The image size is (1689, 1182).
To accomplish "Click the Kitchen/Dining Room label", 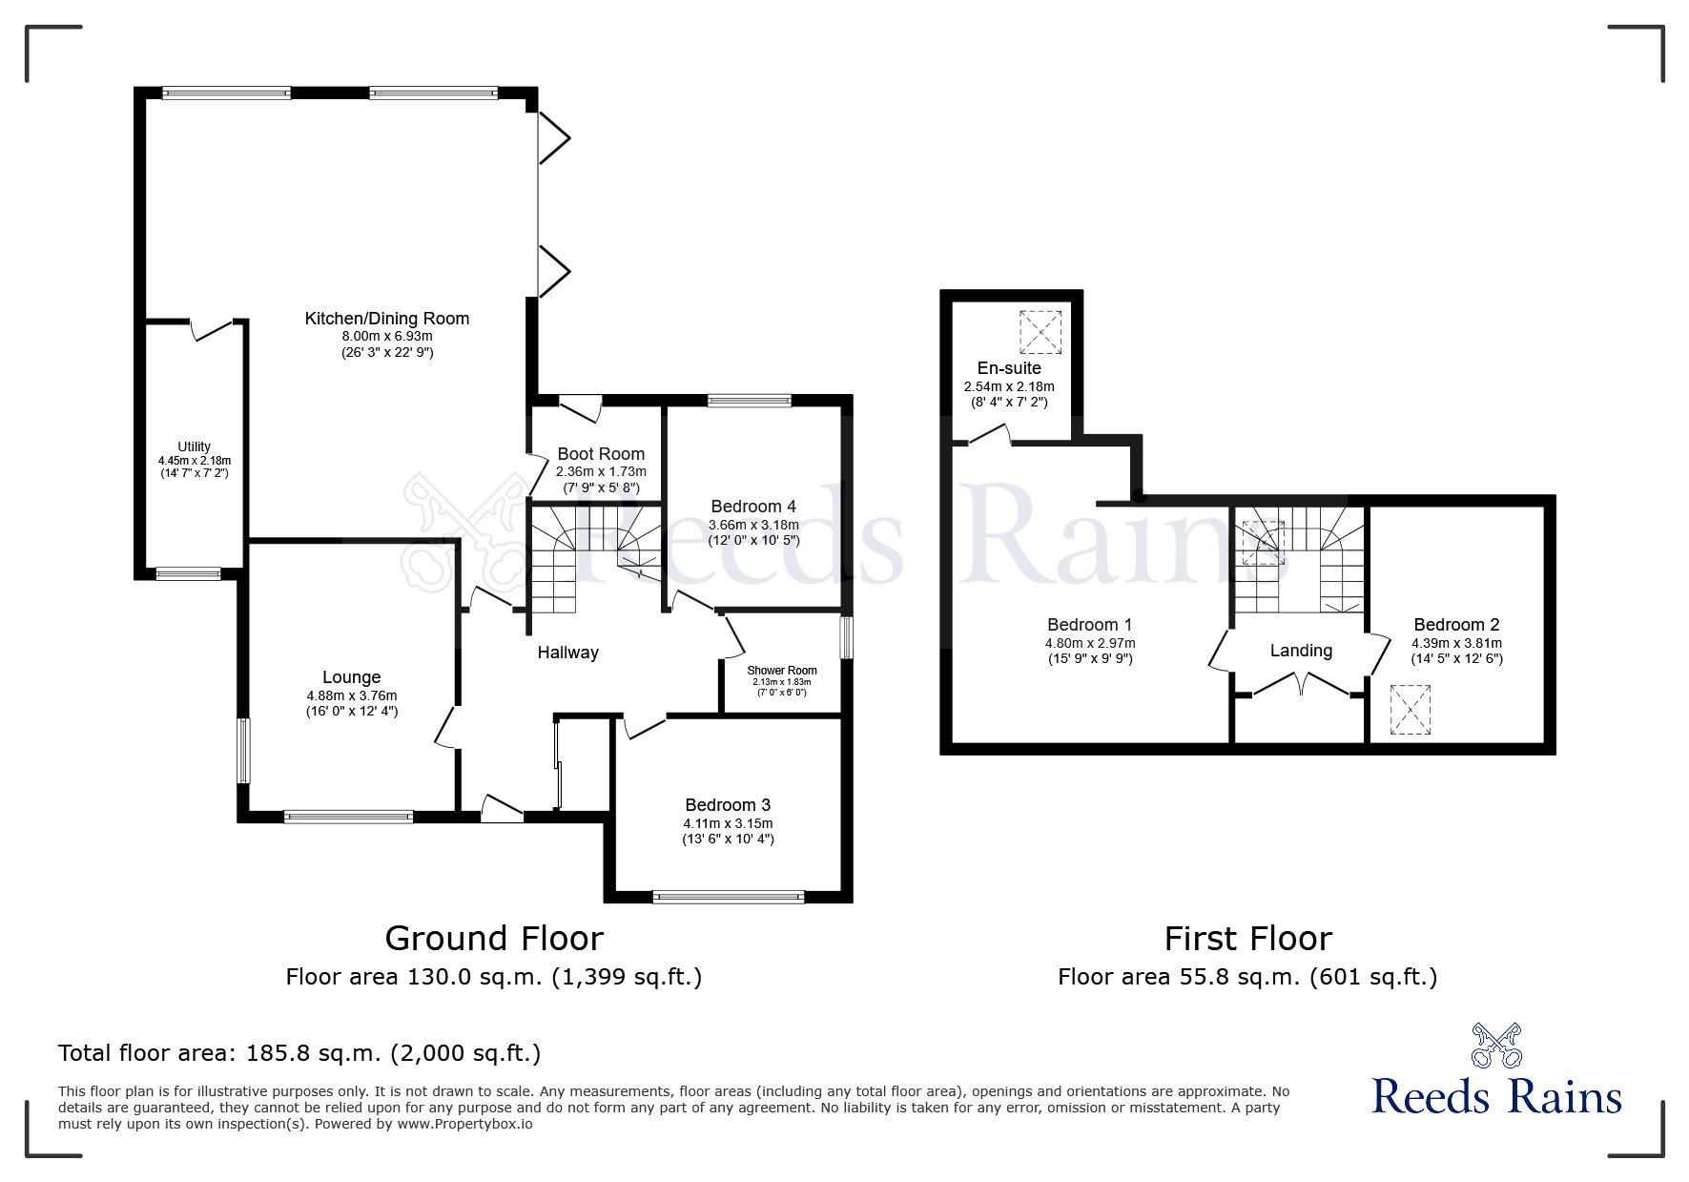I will click(x=386, y=319).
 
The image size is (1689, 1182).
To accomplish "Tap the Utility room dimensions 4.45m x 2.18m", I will click(x=195, y=461).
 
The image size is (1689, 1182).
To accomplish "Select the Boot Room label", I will click(x=601, y=454).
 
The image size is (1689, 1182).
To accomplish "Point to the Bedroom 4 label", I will click(x=753, y=507).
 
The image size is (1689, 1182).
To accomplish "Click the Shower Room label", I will click(x=782, y=671).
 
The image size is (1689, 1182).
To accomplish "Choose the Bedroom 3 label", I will click(x=728, y=805).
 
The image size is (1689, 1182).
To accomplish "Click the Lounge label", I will click(x=351, y=677).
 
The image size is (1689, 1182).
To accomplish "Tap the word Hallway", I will click(x=567, y=653).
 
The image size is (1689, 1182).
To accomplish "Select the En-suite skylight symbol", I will click(x=1040, y=331).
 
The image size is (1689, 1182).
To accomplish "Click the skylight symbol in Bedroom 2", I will click(x=1411, y=710).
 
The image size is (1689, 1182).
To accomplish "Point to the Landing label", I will click(x=1301, y=651).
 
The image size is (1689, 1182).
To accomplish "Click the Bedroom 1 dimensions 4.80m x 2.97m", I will click(x=1090, y=643).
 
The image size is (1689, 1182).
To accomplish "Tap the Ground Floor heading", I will click(x=494, y=939).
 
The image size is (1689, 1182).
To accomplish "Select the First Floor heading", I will click(x=1247, y=939).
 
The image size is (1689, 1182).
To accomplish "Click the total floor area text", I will click(x=299, y=1053).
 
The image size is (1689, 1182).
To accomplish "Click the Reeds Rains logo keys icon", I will click(x=1496, y=1045).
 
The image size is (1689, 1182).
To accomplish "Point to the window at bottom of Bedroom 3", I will click(x=729, y=896).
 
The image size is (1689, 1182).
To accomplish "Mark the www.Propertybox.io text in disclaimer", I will click(x=464, y=1124).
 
